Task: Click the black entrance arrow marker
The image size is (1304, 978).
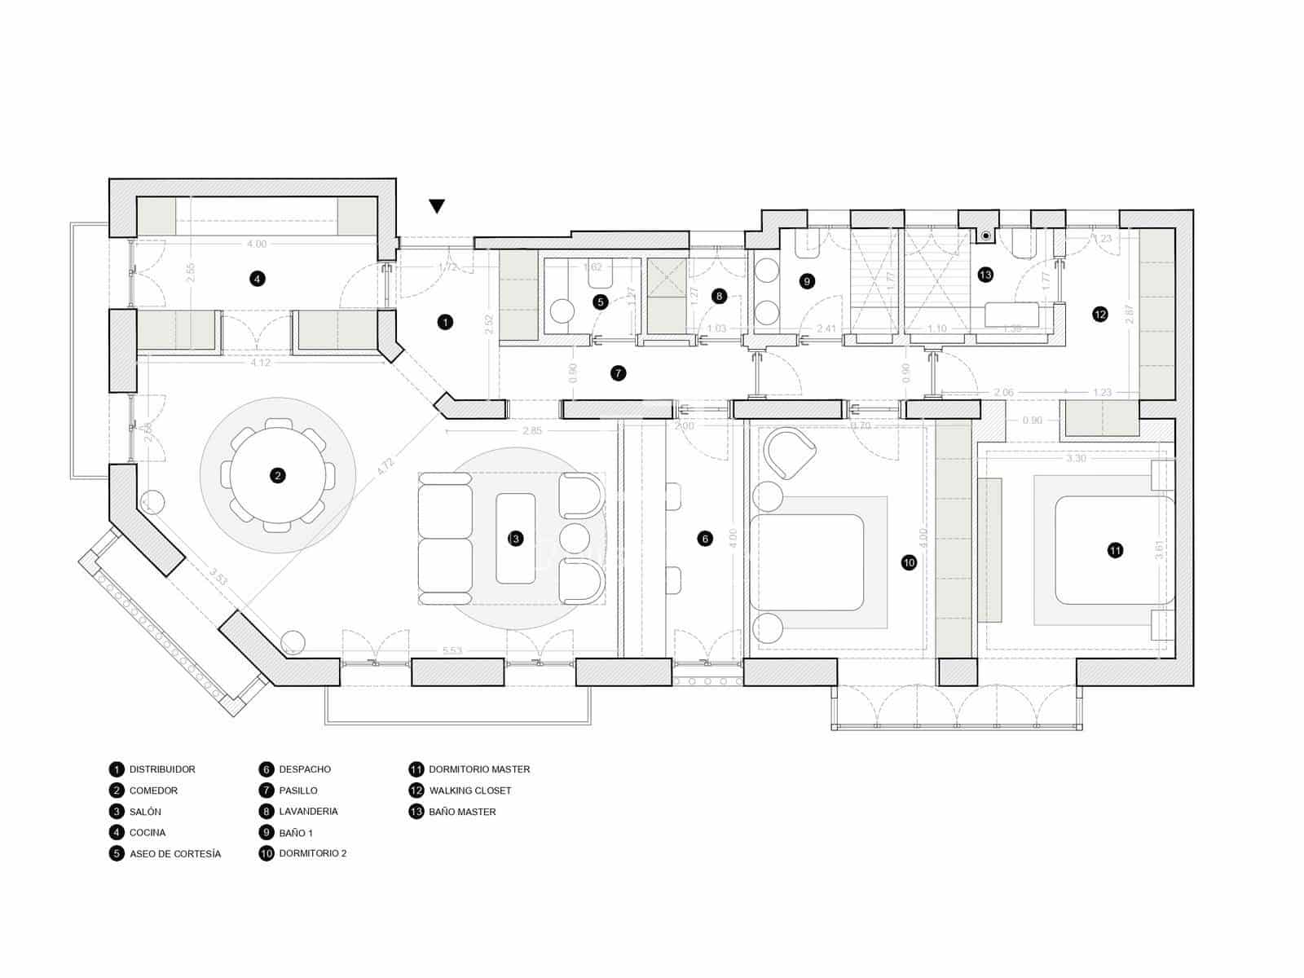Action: click(x=438, y=206)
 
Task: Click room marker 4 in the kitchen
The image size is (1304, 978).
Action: click(x=258, y=279)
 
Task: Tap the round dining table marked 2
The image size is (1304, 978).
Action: click(x=278, y=475)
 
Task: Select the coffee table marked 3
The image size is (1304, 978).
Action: click(x=515, y=538)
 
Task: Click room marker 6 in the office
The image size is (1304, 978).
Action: click(x=706, y=538)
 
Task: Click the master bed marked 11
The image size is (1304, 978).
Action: click(x=1115, y=551)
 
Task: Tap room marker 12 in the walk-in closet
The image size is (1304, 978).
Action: click(x=1100, y=314)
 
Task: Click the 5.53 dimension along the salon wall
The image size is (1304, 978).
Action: click(x=452, y=650)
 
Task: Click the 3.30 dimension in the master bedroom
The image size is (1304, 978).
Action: click(x=1076, y=459)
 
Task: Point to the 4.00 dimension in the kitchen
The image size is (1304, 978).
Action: click(x=257, y=244)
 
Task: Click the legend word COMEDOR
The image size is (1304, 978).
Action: click(x=153, y=791)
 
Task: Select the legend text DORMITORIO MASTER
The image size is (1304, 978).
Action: click(x=479, y=769)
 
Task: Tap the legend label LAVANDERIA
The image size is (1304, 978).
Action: click(x=308, y=812)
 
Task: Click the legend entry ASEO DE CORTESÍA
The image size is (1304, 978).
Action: click(x=175, y=854)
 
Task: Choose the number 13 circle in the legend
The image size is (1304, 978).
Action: click(x=416, y=812)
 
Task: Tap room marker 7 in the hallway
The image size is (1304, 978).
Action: click(x=618, y=373)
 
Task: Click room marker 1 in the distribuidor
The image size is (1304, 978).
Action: click(x=445, y=322)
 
